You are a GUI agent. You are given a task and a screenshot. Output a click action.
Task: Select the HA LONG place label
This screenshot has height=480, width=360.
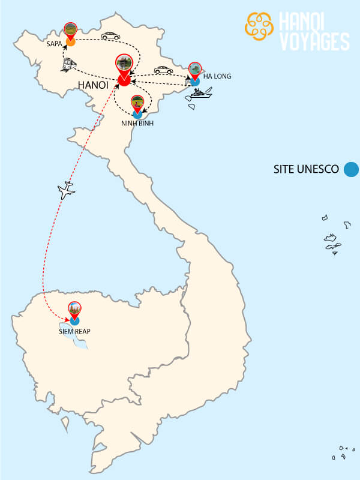click(217, 76)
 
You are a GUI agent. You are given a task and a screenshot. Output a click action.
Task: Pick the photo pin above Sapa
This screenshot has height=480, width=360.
click(71, 30)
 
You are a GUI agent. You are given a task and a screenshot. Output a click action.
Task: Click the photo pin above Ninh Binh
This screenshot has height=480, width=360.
click(137, 102)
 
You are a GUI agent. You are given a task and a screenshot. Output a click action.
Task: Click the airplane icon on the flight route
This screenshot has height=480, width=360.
click(66, 191)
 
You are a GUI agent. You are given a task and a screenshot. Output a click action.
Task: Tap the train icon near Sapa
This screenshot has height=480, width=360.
click(68, 65)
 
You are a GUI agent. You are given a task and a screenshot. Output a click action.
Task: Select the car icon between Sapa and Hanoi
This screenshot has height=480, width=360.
click(110, 36)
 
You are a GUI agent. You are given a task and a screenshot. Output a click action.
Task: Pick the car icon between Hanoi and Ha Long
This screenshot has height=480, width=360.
click(163, 70)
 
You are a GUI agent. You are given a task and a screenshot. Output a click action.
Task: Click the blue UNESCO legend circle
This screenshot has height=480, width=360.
click(350, 169)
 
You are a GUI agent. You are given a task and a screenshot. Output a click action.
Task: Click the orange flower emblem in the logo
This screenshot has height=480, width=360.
click(260, 25)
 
